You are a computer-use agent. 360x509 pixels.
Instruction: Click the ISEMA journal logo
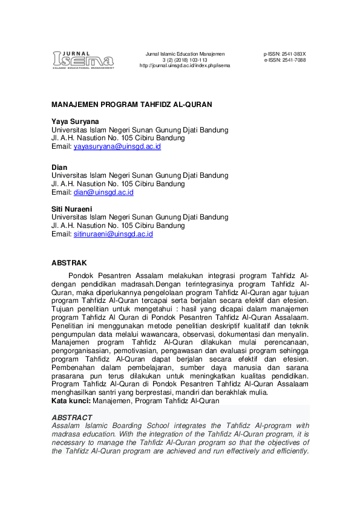point(83,59)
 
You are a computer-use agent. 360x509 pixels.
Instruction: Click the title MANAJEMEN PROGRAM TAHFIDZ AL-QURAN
point(132,105)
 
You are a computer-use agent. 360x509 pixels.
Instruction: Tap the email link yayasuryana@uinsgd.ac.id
point(117,147)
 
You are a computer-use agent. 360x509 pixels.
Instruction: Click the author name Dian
point(59,167)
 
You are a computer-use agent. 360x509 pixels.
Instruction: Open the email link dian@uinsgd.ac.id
point(103,192)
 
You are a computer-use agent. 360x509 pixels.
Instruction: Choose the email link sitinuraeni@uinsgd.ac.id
point(113,234)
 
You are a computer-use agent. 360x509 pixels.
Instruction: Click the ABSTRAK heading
point(69,263)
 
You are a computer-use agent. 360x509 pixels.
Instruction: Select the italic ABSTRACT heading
point(72,418)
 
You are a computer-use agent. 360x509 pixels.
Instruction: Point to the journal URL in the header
point(185,65)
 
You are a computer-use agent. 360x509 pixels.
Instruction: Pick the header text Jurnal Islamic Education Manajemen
point(185,54)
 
